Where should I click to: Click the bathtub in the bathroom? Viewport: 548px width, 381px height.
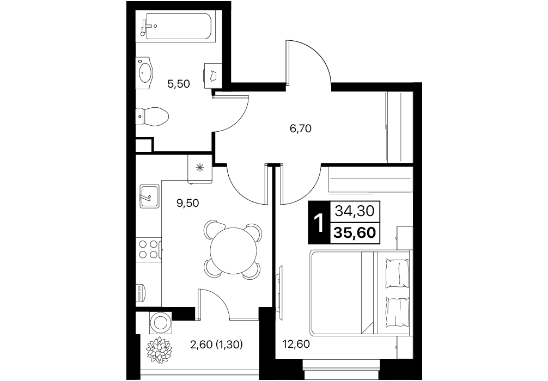[179, 26]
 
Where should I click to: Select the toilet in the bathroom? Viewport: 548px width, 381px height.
[152, 115]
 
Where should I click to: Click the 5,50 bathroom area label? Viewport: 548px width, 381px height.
[179, 84]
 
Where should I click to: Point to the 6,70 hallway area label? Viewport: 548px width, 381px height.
[301, 129]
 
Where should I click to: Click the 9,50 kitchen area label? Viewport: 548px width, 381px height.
[188, 203]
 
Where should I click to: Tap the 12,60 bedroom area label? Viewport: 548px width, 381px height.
[296, 345]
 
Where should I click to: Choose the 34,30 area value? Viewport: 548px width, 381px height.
[355, 211]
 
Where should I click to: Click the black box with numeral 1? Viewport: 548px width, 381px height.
[319, 223]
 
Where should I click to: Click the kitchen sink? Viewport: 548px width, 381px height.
[149, 196]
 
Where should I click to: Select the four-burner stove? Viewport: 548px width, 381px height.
[149, 248]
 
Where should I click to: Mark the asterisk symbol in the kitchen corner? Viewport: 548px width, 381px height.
[200, 168]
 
